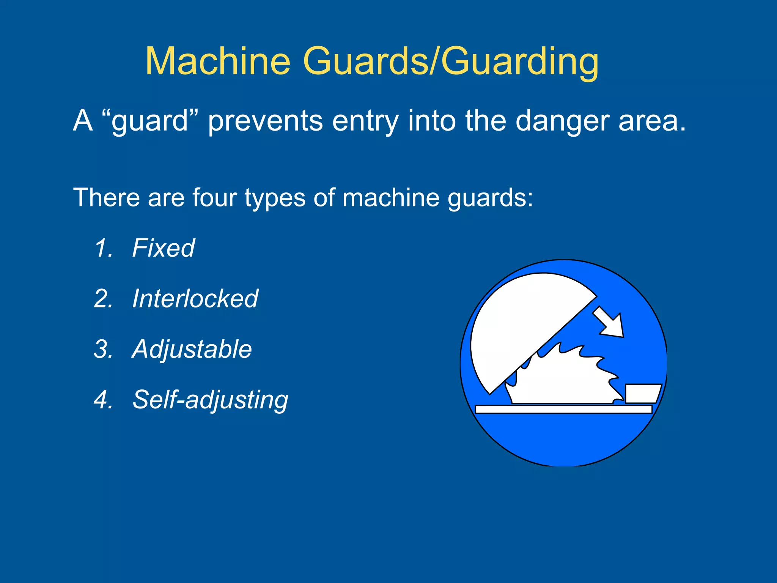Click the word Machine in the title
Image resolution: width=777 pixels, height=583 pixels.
218,61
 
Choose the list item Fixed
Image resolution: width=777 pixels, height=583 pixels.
163,248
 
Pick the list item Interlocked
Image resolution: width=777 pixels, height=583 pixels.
195,299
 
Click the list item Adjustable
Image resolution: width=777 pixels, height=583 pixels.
192,349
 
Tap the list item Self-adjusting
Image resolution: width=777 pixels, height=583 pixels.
210,400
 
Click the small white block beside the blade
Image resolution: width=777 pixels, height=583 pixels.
642,393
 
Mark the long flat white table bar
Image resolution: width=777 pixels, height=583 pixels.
563,409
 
